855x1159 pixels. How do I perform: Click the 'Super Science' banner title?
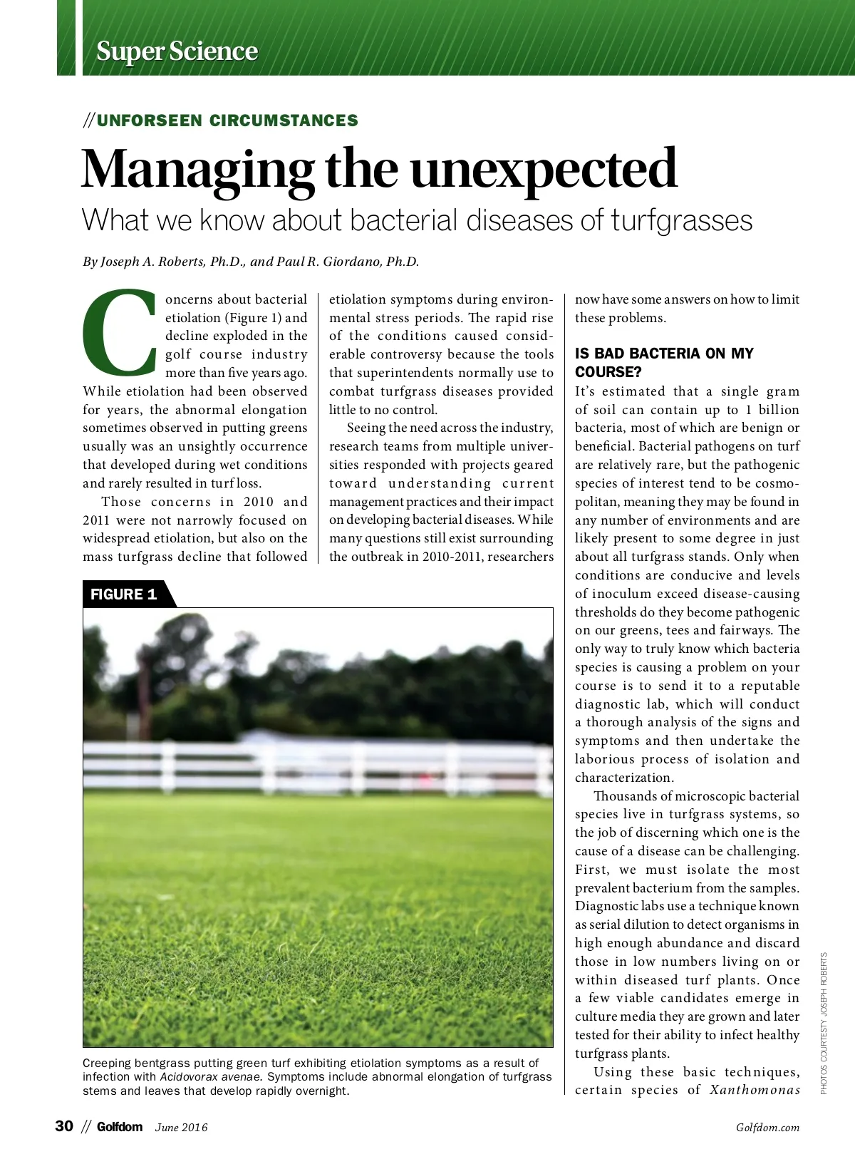(177, 51)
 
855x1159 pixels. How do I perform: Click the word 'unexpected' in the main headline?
(543, 169)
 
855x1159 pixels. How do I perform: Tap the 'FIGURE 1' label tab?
(124, 594)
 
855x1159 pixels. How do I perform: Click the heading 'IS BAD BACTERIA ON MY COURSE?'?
(664, 362)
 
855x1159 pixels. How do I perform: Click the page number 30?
(64, 1126)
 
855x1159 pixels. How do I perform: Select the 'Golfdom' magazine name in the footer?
(120, 1127)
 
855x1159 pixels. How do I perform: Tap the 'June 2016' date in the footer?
(182, 1128)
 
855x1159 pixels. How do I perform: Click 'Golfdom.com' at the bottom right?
(767, 1128)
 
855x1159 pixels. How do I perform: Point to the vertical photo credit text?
(824, 1023)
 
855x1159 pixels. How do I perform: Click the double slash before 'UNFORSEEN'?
(88, 120)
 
